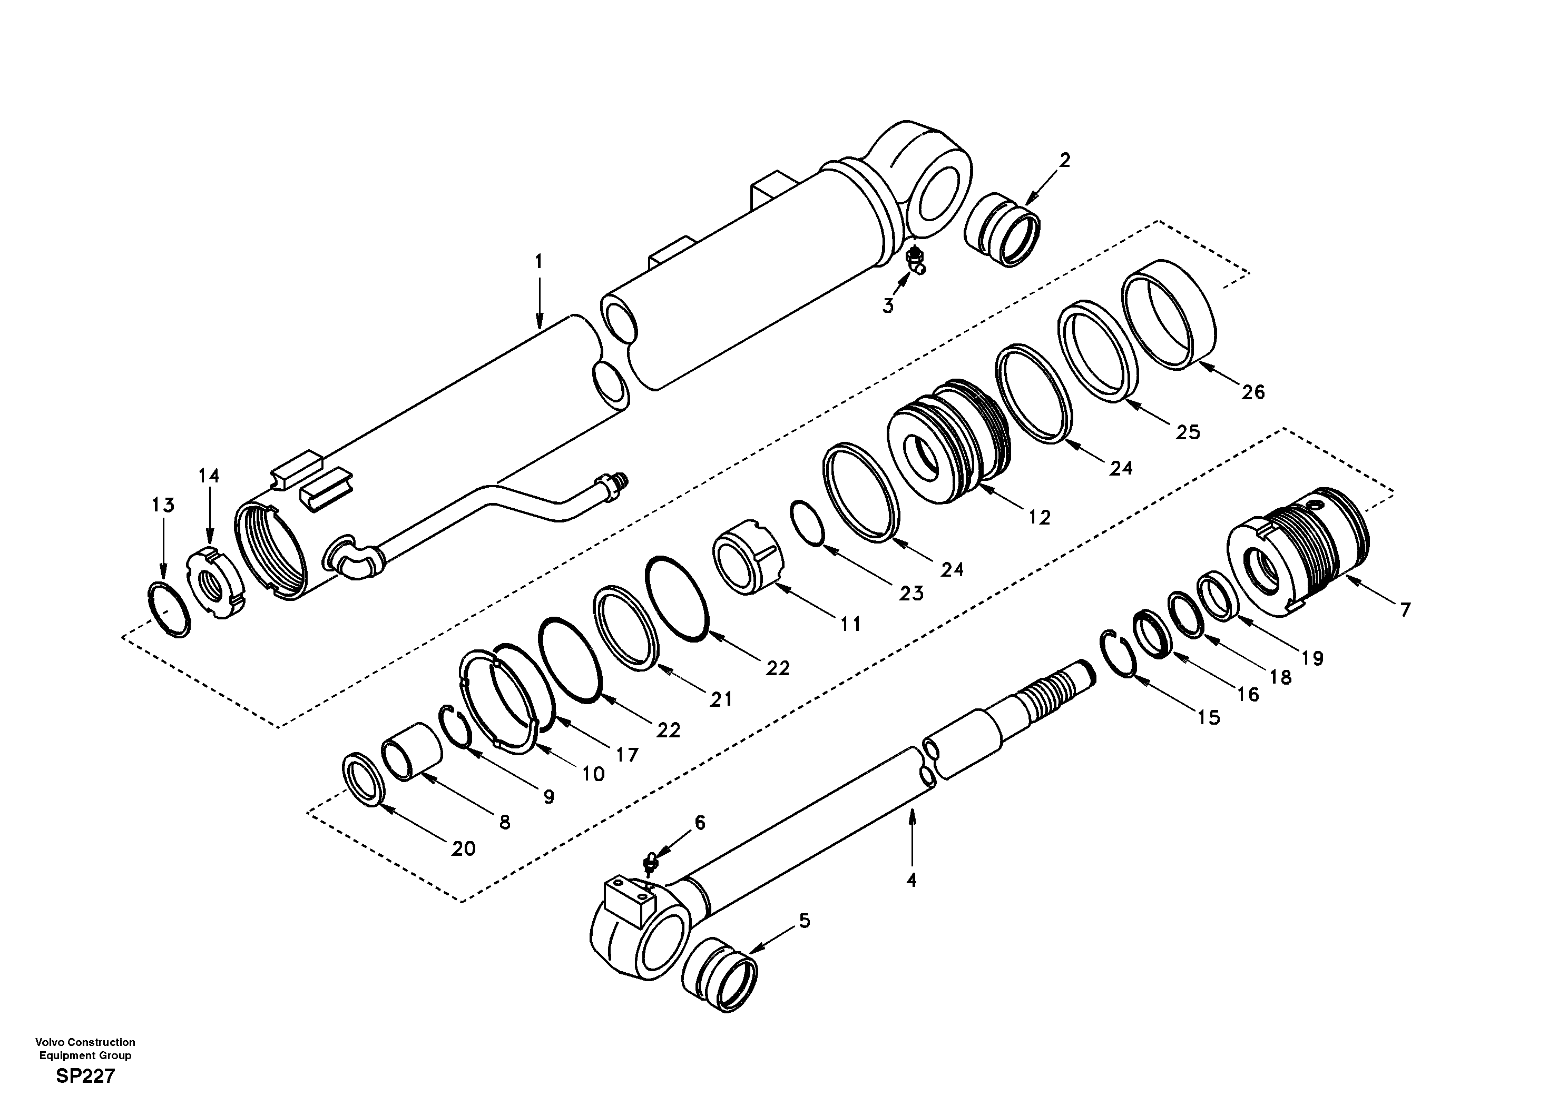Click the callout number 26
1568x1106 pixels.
[x=1252, y=392]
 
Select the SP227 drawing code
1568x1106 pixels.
[x=85, y=1077]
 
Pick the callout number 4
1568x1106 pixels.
[x=911, y=880]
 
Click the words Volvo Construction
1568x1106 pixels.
[x=85, y=1042]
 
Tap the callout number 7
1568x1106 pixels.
[x=1404, y=610]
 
